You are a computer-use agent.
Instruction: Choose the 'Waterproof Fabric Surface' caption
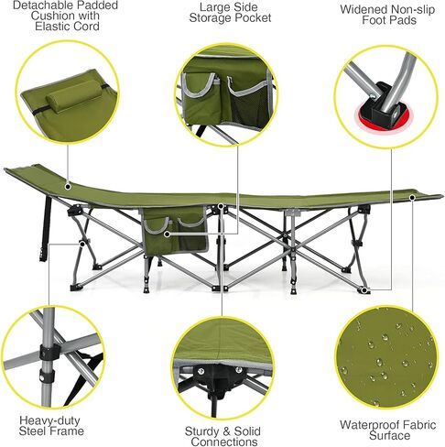(x=385, y=431)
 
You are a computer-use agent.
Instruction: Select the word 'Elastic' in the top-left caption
(x=38, y=27)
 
